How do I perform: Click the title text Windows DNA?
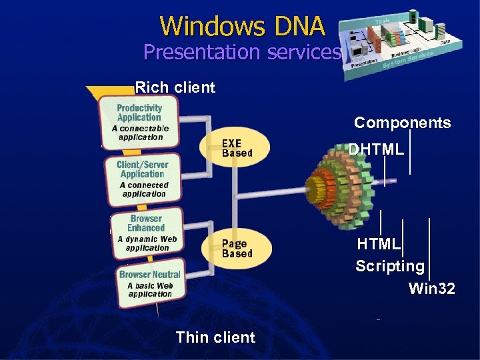click(x=242, y=26)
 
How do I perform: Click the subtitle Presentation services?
click(x=242, y=52)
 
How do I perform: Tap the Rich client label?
click(x=175, y=87)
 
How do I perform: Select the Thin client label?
click(x=215, y=337)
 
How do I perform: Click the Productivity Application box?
click(x=139, y=119)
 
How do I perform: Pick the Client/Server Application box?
click(x=142, y=178)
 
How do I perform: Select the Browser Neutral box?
click(x=149, y=283)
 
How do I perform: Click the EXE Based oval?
click(x=237, y=148)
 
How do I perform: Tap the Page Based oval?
click(x=237, y=248)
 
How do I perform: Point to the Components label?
click(x=402, y=123)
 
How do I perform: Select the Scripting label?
click(x=389, y=267)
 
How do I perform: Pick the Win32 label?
click(x=431, y=289)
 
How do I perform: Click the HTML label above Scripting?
click(x=378, y=244)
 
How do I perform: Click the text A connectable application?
click(x=140, y=133)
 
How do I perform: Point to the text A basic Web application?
click(x=150, y=290)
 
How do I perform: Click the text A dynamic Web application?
click(x=147, y=243)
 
